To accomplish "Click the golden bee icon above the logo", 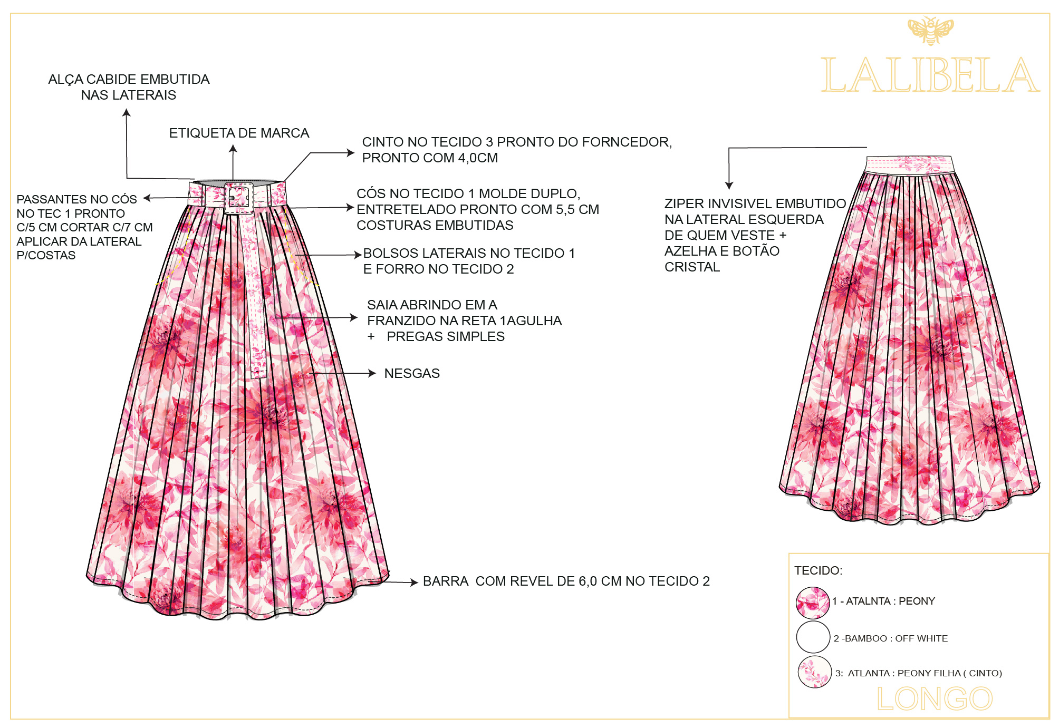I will pos(930,31).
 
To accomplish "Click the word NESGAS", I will pos(412,374).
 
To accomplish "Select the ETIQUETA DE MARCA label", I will pos(239,133).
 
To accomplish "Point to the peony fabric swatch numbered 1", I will pos(813,603).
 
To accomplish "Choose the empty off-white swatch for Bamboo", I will pos(813,637).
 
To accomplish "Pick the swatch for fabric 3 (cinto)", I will pos(814,672).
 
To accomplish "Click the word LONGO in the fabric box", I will pos(935,699).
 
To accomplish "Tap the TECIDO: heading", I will pos(818,571).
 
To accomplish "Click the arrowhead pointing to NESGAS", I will pos(372,373).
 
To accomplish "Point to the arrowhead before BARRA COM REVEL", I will pos(415,583).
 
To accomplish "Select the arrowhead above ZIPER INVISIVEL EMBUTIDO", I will pos(729,186).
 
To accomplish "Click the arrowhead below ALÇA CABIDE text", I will pos(127,112).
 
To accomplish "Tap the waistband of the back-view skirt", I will pos(909,164).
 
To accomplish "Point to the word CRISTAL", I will pos(692,267).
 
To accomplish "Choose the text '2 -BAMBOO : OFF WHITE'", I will pos(890,638).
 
